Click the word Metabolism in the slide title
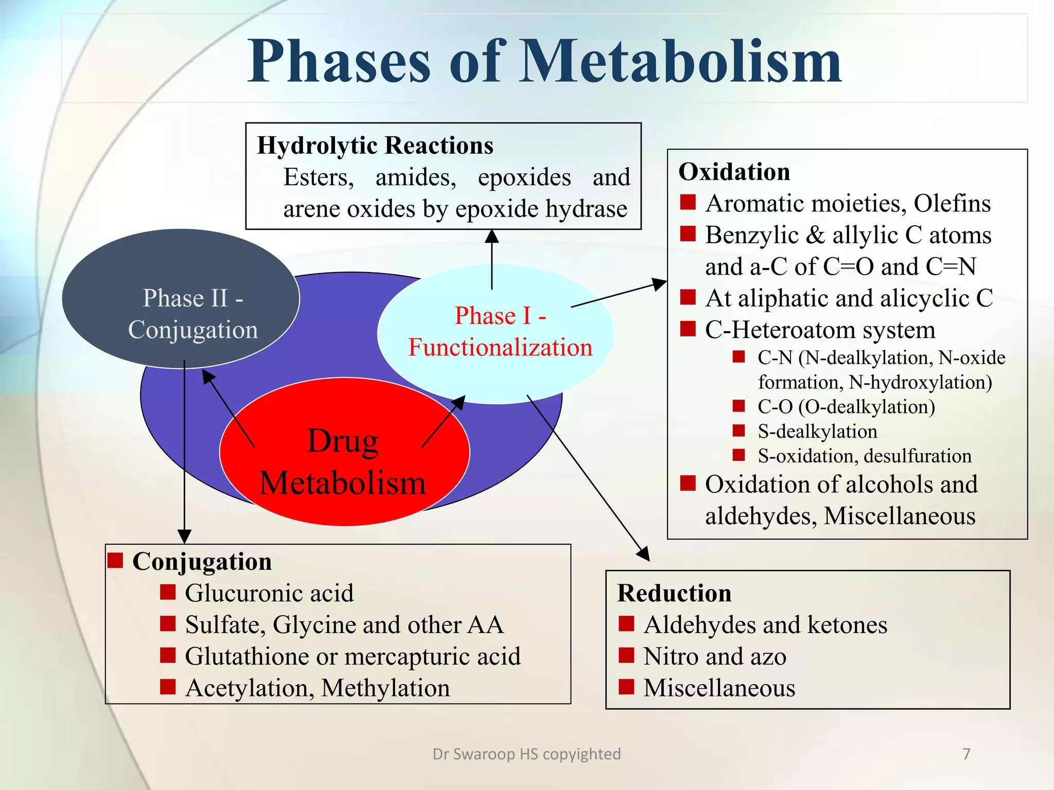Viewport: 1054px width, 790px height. (679, 62)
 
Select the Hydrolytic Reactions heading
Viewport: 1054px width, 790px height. (375, 146)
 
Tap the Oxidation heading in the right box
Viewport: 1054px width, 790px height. (734, 172)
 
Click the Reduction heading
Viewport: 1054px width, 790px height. (674, 593)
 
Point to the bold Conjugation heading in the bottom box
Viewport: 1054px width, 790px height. (202, 562)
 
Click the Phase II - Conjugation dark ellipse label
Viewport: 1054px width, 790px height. (193, 314)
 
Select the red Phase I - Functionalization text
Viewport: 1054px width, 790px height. (500, 332)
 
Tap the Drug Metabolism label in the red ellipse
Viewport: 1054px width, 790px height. (343, 462)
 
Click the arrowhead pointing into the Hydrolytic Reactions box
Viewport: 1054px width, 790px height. (492, 236)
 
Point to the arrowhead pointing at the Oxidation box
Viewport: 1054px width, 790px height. (660, 283)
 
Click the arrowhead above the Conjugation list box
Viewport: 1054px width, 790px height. (184, 536)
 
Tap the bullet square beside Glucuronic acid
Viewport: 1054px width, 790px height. (168, 592)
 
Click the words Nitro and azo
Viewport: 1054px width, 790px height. (714, 657)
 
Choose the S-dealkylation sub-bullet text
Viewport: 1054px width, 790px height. (817, 432)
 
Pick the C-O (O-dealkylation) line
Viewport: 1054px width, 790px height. (846, 407)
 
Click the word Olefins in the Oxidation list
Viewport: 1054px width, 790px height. (952, 204)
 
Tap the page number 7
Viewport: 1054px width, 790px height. (966, 754)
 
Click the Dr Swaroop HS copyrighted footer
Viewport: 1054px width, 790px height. (526, 754)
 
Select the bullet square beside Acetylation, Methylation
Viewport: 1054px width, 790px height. (168, 687)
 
